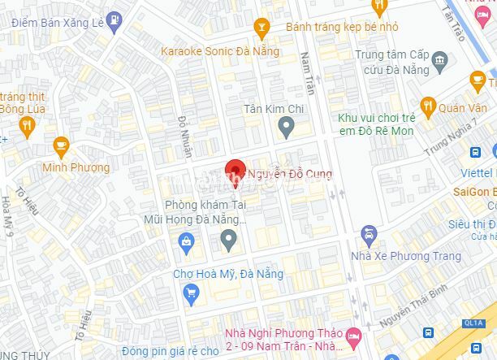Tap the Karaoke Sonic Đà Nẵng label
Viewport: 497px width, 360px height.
tap(220, 51)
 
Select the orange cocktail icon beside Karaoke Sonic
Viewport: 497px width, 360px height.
tap(261, 29)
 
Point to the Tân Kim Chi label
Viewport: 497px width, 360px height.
tap(274, 108)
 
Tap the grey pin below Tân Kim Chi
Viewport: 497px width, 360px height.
tap(286, 125)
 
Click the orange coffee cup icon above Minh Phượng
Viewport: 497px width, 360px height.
tap(61, 146)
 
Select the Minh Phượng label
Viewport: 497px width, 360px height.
tap(76, 167)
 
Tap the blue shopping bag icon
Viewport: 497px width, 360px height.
tap(188, 241)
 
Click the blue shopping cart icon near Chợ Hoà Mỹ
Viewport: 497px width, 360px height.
tap(192, 293)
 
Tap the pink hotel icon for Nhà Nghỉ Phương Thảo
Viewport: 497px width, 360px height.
tap(352, 335)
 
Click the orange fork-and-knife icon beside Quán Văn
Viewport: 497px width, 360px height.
tap(428, 106)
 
